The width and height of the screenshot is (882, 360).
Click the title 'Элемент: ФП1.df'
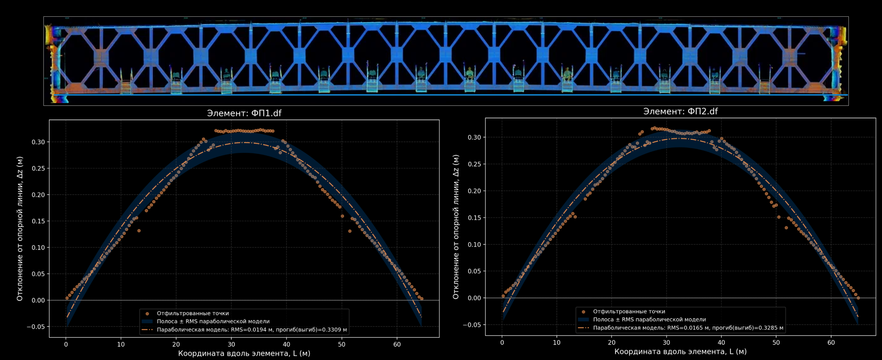pyautogui.click(x=244, y=113)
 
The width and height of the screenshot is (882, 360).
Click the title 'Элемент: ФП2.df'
pyautogui.click(x=680, y=111)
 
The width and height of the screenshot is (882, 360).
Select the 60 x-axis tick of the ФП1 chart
pyautogui.click(x=397, y=345)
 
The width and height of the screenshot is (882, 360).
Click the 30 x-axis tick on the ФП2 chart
pyautogui.click(x=667, y=343)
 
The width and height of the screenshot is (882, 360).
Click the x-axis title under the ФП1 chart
pyautogui.click(x=244, y=353)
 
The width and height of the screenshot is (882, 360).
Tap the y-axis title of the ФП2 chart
pyautogui.click(x=456, y=227)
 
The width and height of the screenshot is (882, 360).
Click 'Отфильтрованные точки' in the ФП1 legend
pyautogui.click(x=193, y=313)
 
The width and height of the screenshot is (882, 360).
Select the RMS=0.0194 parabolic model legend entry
pyautogui.click(x=251, y=330)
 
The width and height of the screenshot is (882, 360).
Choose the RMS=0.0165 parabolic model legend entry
pyautogui.click(x=688, y=328)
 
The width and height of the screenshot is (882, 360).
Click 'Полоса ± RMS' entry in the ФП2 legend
pyautogui.click(x=649, y=319)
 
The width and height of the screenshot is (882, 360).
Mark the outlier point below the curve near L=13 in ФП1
pyautogui.click(x=139, y=231)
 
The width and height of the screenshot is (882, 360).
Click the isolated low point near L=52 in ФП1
pyautogui.click(x=350, y=231)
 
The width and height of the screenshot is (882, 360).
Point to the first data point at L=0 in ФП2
pyautogui.click(x=503, y=296)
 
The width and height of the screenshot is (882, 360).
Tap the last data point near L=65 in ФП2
pyautogui.click(x=858, y=298)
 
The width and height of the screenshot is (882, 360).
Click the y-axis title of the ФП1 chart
pyautogui.click(x=20, y=228)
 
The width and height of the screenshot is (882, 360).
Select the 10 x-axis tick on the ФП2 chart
pyautogui.click(x=556, y=343)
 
